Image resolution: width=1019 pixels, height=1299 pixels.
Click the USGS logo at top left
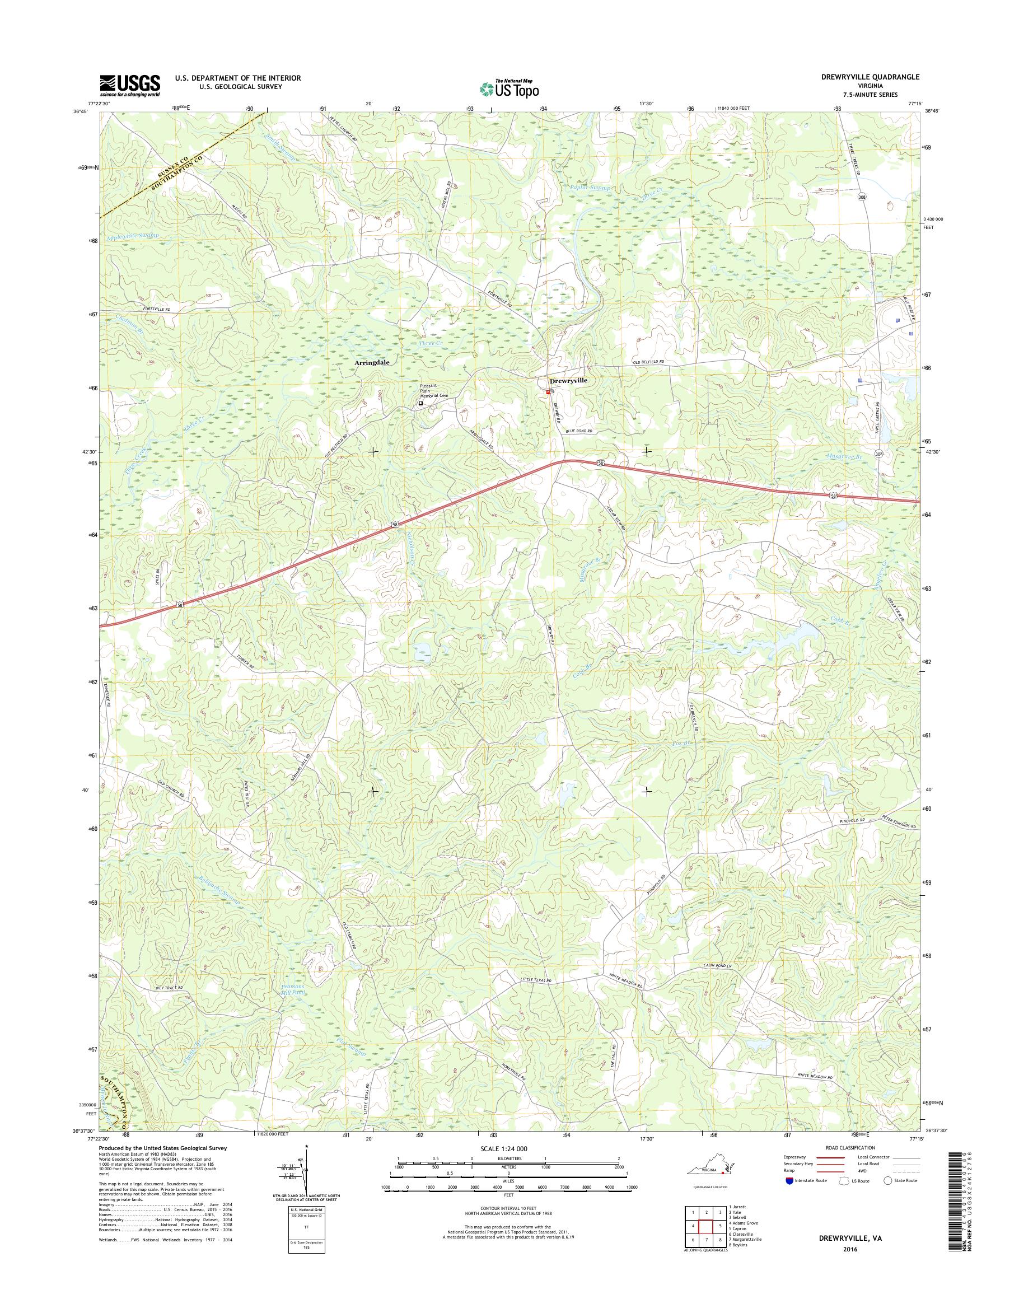click(129, 85)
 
